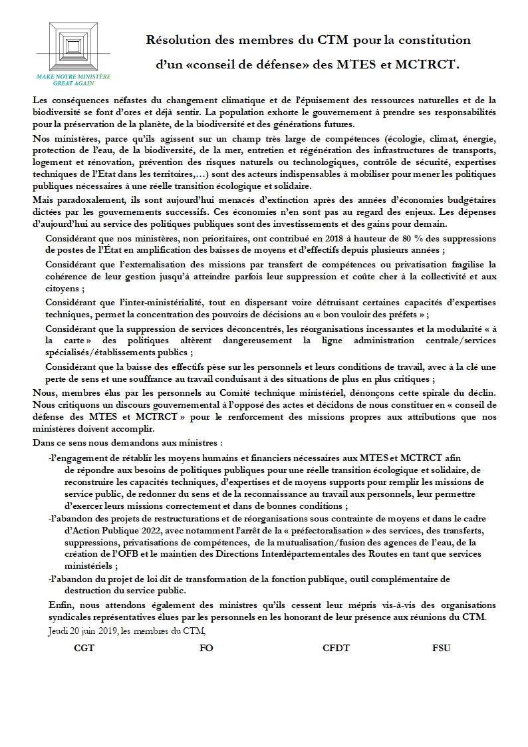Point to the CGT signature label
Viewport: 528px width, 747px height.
coord(84,648)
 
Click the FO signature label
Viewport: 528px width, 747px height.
coord(206,648)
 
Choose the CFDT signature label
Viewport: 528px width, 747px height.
coord(336,648)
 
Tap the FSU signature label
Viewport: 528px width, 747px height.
coord(441,648)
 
